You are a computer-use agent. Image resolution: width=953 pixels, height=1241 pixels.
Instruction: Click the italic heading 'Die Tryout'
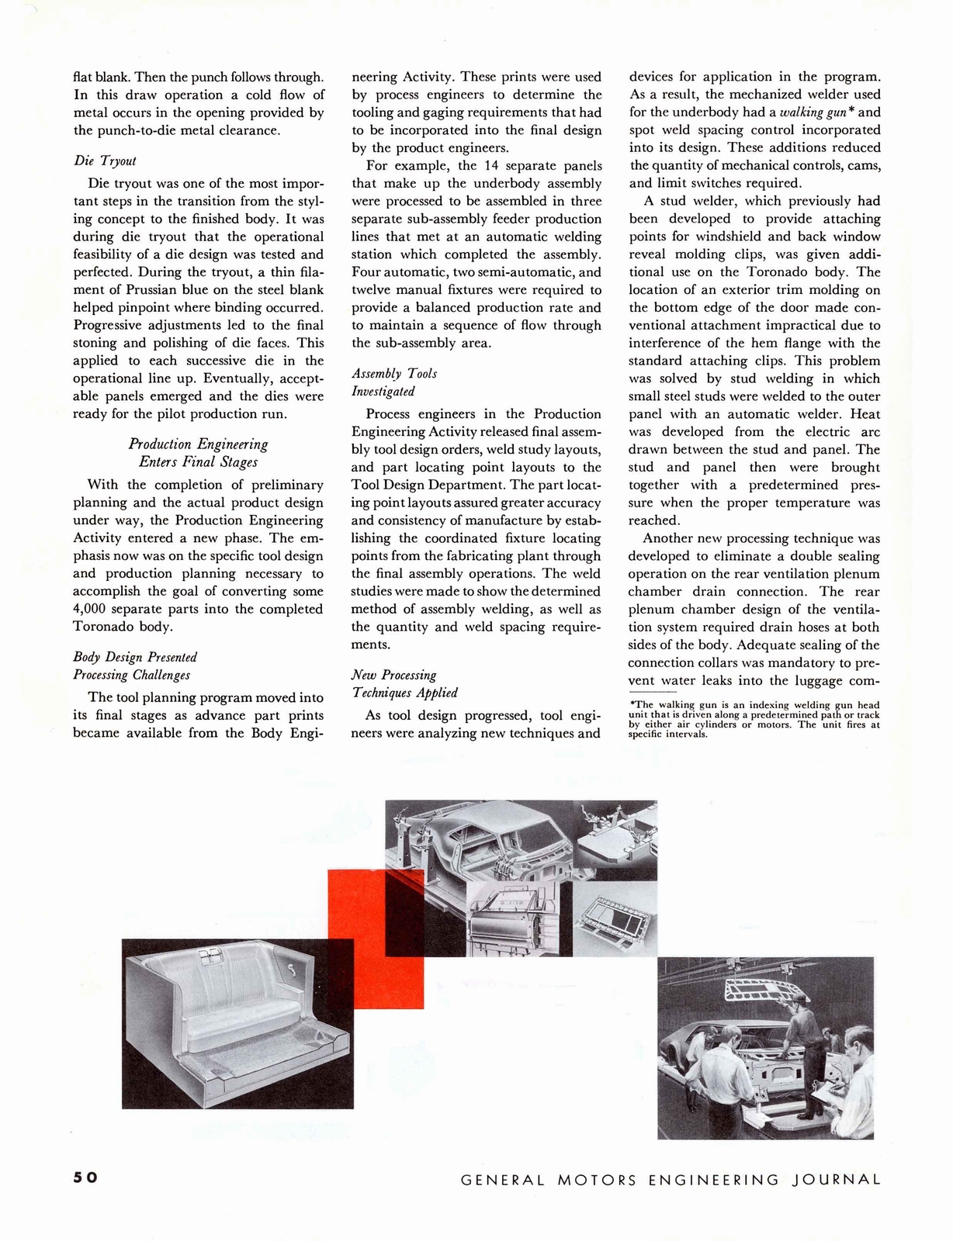[105, 161]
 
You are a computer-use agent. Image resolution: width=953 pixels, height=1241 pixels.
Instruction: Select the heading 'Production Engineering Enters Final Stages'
[198, 453]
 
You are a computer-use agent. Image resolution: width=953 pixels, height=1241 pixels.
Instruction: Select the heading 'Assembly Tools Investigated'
[394, 382]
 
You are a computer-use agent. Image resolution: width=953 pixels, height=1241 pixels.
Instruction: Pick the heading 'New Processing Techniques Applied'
[404, 683]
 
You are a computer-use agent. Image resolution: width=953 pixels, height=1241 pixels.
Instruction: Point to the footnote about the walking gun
[754, 719]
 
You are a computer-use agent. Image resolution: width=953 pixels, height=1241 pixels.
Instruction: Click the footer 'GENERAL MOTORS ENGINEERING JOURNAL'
[671, 1180]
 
